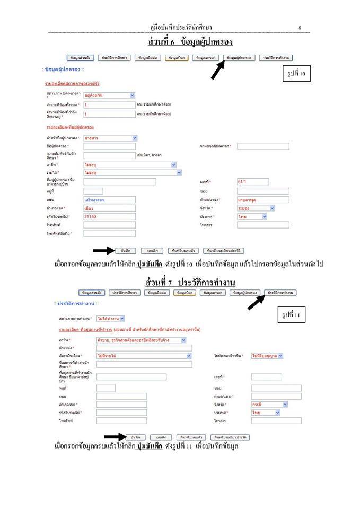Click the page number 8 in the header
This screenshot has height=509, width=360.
[x=300, y=27]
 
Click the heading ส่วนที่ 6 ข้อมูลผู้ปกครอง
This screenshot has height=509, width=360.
[x=191, y=41]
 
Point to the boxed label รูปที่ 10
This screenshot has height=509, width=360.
[x=295, y=74]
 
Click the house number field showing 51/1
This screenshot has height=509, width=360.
[x=253, y=182]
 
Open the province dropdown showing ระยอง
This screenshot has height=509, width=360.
[x=256, y=208]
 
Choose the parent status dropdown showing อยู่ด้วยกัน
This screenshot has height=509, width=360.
[x=109, y=95]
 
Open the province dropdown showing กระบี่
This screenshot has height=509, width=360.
[x=270, y=404]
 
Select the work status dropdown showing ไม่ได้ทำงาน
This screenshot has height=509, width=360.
[x=111, y=319]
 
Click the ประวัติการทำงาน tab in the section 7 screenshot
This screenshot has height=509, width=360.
[x=281, y=293]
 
